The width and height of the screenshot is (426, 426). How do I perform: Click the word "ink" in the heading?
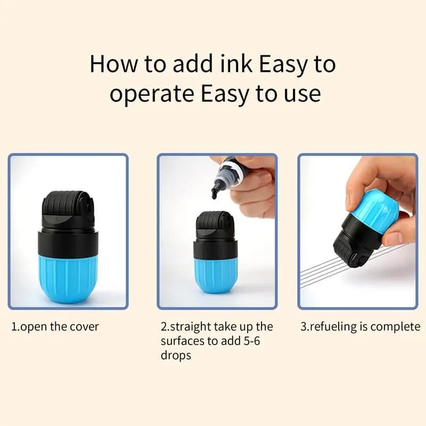236,64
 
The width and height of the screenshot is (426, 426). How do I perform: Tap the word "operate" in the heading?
152,94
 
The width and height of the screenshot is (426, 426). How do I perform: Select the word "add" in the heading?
192,64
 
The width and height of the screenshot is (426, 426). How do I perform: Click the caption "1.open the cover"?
55,326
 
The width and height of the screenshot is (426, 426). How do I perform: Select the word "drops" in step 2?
176,355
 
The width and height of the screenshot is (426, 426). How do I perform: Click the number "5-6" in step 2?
251,341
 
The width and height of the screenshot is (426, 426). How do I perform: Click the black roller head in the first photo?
68,210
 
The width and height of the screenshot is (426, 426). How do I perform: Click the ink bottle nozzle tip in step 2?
214,195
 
